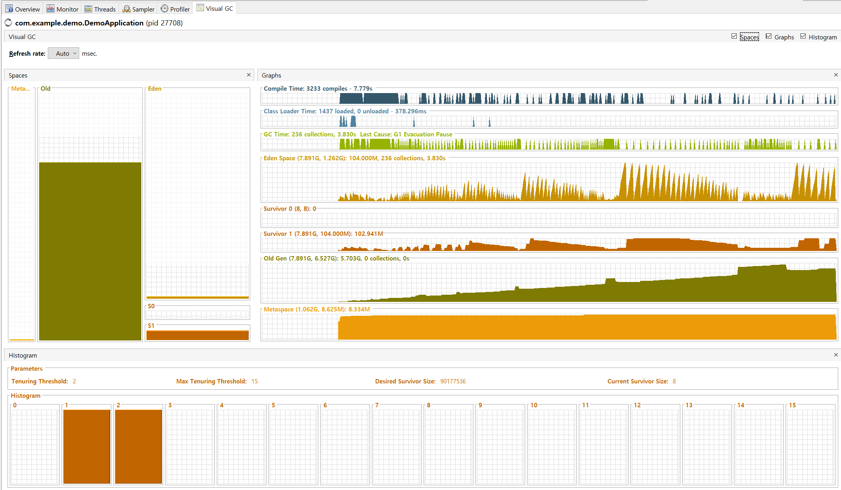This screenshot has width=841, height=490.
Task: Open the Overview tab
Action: (x=23, y=9)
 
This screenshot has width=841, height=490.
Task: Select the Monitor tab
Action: (x=62, y=9)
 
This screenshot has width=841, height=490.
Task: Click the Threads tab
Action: (x=100, y=9)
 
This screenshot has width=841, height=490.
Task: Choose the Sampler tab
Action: (x=138, y=9)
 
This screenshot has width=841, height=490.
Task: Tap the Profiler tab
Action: (x=175, y=9)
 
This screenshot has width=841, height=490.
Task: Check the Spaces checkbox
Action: (x=734, y=36)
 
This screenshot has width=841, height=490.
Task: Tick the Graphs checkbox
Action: (x=769, y=36)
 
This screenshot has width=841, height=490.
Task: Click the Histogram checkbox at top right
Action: (x=803, y=36)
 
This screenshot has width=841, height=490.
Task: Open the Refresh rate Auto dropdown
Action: (x=64, y=53)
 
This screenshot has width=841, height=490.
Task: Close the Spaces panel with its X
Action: (x=249, y=75)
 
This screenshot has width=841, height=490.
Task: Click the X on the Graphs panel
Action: (x=836, y=75)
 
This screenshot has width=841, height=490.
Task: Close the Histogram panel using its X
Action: (x=836, y=355)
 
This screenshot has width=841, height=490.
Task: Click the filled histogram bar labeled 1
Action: (x=87, y=447)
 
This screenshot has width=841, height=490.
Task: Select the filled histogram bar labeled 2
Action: (x=138, y=447)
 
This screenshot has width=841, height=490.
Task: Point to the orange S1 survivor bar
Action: (x=197, y=335)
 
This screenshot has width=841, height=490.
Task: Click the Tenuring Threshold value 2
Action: (x=74, y=381)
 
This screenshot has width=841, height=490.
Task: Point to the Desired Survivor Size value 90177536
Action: (x=453, y=381)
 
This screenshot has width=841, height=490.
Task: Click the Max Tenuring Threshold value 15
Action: (x=255, y=381)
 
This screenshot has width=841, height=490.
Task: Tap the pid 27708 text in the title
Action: (x=164, y=23)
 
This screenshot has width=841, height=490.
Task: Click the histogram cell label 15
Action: (x=792, y=405)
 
